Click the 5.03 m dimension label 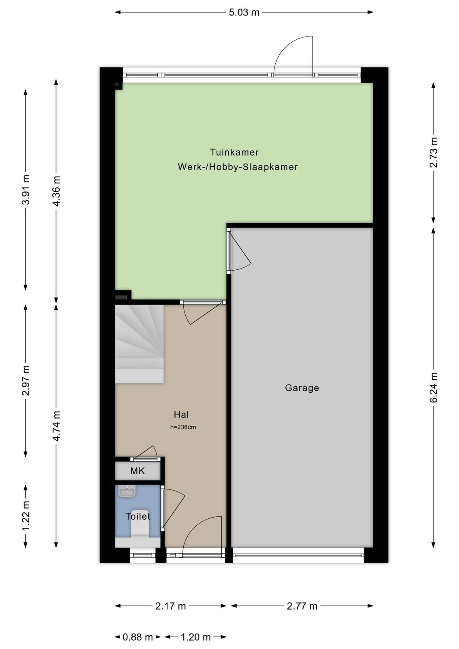tap(244, 13)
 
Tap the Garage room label tap(302, 388)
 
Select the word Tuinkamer tap(234, 152)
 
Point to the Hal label tap(181, 415)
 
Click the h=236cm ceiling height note tap(183, 427)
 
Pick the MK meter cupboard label tap(137, 471)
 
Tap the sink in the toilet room tap(127, 492)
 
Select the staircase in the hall tap(139, 344)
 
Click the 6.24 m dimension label tap(433, 387)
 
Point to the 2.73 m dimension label tap(433, 153)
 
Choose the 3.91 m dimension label tap(26, 190)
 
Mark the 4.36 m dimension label tap(56, 191)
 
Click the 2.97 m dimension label tap(26, 380)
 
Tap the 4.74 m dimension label tap(56, 426)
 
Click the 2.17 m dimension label tap(170, 606)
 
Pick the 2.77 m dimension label tap(302, 606)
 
